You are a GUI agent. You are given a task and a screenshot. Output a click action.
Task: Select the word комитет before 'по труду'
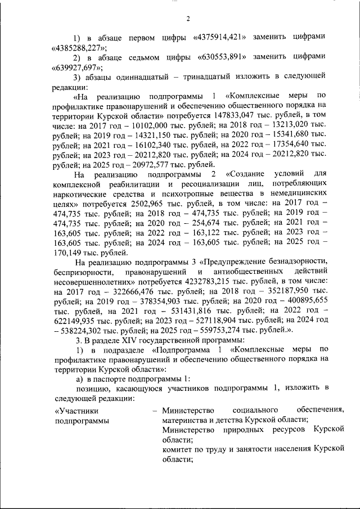coord(178,450)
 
